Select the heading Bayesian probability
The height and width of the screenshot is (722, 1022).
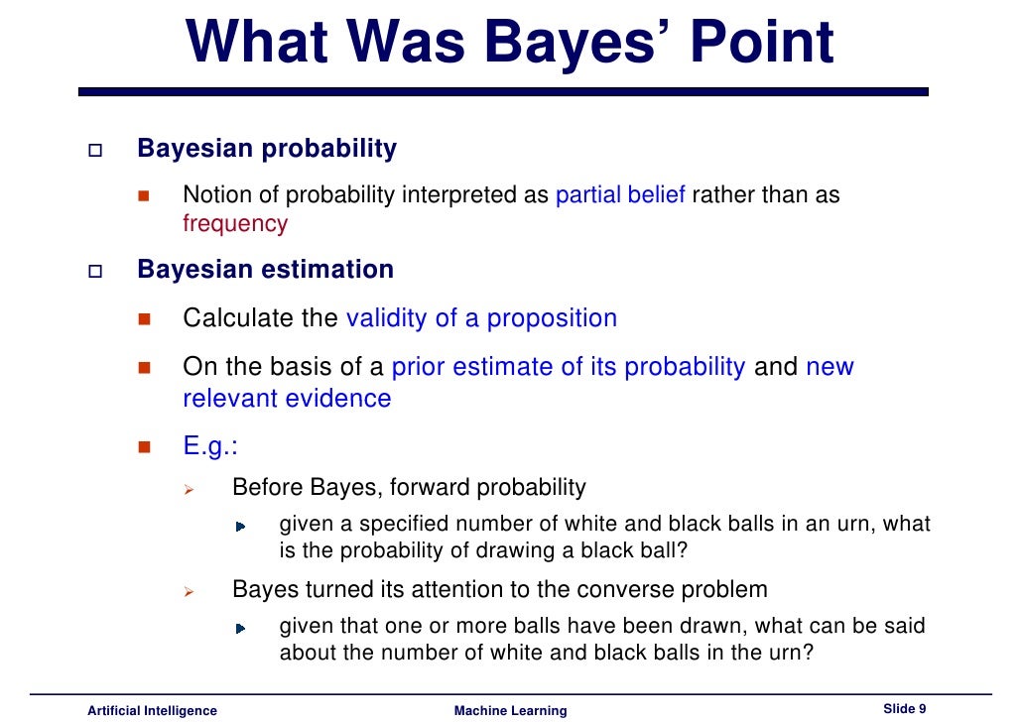click(x=267, y=149)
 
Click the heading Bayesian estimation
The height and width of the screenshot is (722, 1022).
click(x=265, y=270)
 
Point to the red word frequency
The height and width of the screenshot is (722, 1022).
click(x=235, y=223)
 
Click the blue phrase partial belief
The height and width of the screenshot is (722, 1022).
click(x=620, y=194)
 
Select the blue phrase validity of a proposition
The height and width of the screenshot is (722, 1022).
click(x=481, y=318)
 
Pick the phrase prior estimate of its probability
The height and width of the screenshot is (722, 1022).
click(x=569, y=367)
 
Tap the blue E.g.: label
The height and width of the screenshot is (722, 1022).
click(x=210, y=446)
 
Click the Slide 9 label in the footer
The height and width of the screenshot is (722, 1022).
click(x=904, y=708)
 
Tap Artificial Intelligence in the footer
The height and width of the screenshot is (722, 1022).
click(x=152, y=710)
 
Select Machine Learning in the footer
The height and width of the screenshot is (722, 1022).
click(x=510, y=710)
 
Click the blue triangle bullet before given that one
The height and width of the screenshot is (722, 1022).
click(x=240, y=629)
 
